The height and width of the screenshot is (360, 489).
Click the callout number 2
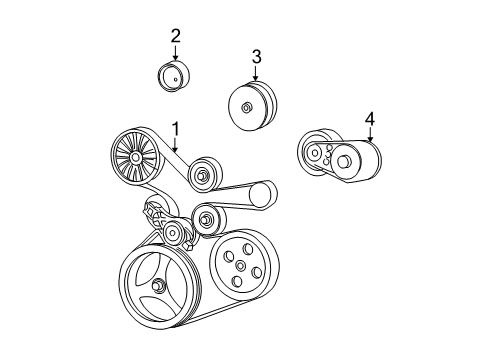(x=175, y=36)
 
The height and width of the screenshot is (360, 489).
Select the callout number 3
(x=255, y=57)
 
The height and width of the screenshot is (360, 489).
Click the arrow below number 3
(x=255, y=75)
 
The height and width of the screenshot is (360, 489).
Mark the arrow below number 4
(x=369, y=137)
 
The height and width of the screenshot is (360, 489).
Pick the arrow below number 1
(x=175, y=145)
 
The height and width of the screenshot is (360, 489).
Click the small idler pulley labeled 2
(x=175, y=76)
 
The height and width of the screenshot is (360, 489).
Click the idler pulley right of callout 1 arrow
(x=203, y=174)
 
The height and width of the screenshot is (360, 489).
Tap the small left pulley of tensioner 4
(x=314, y=153)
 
